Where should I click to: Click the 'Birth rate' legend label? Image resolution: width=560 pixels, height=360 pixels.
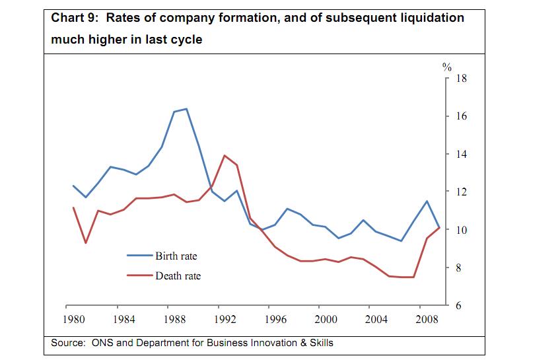[x=176, y=256]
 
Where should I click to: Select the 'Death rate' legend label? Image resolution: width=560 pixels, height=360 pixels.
[x=178, y=275]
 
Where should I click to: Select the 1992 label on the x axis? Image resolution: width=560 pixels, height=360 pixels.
[x=225, y=320]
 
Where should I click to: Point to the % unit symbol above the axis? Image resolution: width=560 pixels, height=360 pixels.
[x=446, y=67]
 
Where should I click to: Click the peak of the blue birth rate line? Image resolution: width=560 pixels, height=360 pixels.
[x=186, y=108]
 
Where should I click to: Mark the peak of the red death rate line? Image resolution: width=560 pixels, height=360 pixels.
[x=225, y=155]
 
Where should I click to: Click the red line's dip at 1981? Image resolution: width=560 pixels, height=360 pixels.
[x=86, y=242]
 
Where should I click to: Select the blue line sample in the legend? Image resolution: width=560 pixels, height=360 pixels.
[x=140, y=256]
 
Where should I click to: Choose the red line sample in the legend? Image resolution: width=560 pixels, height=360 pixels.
[x=140, y=275]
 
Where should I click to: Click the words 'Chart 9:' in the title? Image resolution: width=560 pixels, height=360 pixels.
[x=75, y=18]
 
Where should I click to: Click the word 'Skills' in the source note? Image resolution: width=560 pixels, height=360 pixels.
[x=320, y=343]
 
